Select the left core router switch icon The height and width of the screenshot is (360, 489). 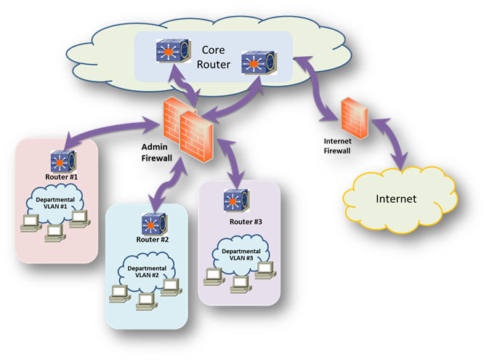click(x=170, y=52)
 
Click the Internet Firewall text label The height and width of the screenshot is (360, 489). click(x=336, y=145)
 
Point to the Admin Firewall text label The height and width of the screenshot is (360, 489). click(x=155, y=151)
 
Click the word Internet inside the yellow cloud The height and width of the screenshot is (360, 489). click(x=396, y=198)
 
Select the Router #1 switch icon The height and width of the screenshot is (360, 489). click(x=60, y=161)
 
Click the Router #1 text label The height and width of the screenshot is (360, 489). click(x=62, y=177)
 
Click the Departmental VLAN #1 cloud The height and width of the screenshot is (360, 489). click(x=58, y=201)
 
